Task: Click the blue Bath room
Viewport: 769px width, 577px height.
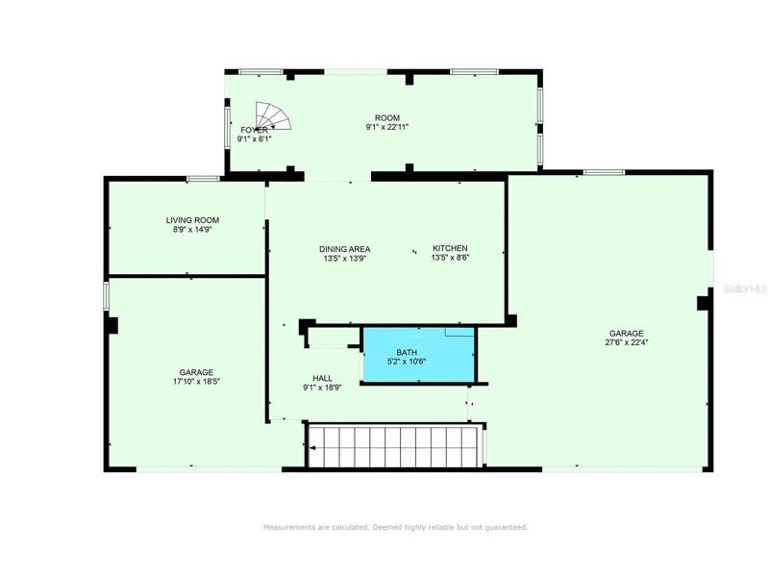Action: tap(418, 355)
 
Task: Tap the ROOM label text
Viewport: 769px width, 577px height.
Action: tap(387, 117)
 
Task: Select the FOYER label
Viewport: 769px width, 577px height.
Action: tap(254, 130)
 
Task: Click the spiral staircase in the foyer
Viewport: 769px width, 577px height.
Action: tap(273, 115)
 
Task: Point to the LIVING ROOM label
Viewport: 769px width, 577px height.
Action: tap(192, 220)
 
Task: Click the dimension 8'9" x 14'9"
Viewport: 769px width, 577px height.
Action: tap(192, 229)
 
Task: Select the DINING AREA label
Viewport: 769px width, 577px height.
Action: tap(345, 249)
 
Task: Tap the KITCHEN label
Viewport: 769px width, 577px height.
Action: tap(450, 248)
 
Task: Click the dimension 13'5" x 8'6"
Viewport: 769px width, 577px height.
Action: tap(450, 257)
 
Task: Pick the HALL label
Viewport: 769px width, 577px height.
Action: tap(322, 378)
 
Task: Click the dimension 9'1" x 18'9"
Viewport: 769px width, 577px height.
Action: tap(322, 388)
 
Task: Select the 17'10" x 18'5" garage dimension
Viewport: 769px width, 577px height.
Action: tap(196, 381)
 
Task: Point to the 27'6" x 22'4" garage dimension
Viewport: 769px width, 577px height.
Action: tap(627, 342)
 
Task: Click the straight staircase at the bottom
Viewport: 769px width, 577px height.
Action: tap(395, 446)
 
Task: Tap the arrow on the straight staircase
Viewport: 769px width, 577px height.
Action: tap(311, 447)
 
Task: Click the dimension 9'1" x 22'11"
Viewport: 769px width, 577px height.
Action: tap(387, 127)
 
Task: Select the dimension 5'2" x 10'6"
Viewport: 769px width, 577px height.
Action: tap(407, 362)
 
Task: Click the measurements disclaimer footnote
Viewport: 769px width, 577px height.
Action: tap(396, 527)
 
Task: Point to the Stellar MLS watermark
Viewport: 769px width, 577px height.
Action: tap(745, 289)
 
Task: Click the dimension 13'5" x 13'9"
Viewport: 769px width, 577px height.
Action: tap(345, 258)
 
